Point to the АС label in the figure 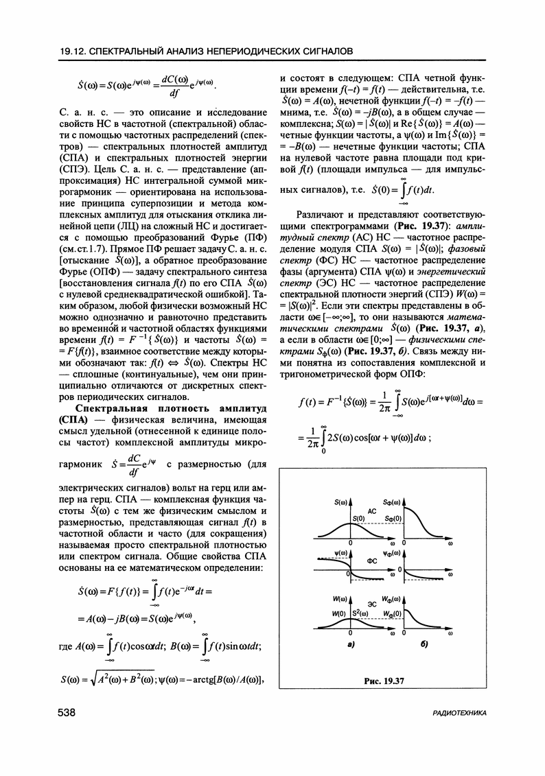[371, 511]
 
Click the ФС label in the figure [371, 561]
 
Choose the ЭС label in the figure [371, 604]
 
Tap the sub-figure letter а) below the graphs [350, 646]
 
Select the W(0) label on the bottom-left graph [338, 613]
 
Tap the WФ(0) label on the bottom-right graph [392, 613]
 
